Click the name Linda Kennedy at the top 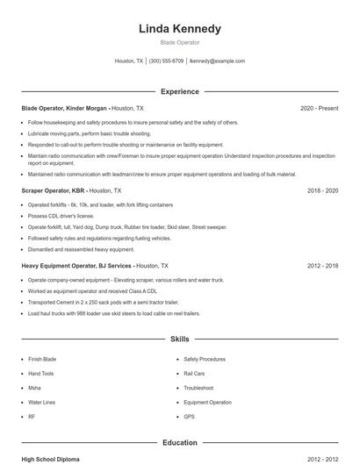coord(180,29)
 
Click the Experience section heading coord(180,91)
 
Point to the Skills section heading coord(180,338)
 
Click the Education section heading coord(180,443)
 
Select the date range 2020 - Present coord(320,108)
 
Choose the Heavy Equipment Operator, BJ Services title coord(77,265)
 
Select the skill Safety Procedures coord(205,360)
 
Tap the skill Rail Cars coord(194,374)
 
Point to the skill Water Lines coord(43,402)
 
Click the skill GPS coord(189,416)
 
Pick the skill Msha coord(35,388)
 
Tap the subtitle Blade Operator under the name coord(180,42)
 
